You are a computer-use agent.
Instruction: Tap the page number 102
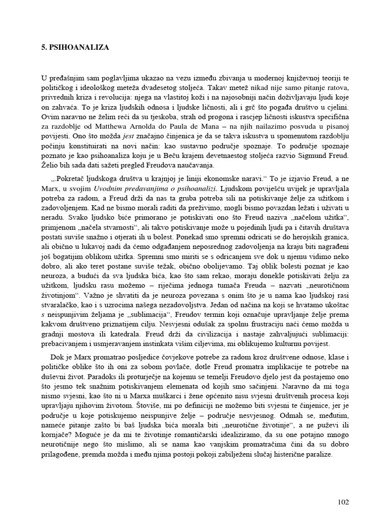[342, 502]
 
